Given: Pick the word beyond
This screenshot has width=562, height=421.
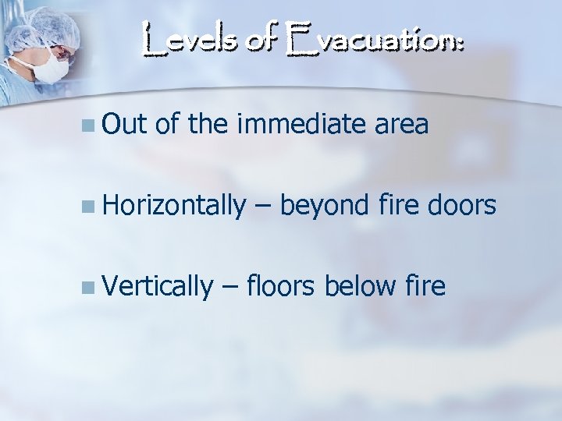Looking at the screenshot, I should click(323, 206).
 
